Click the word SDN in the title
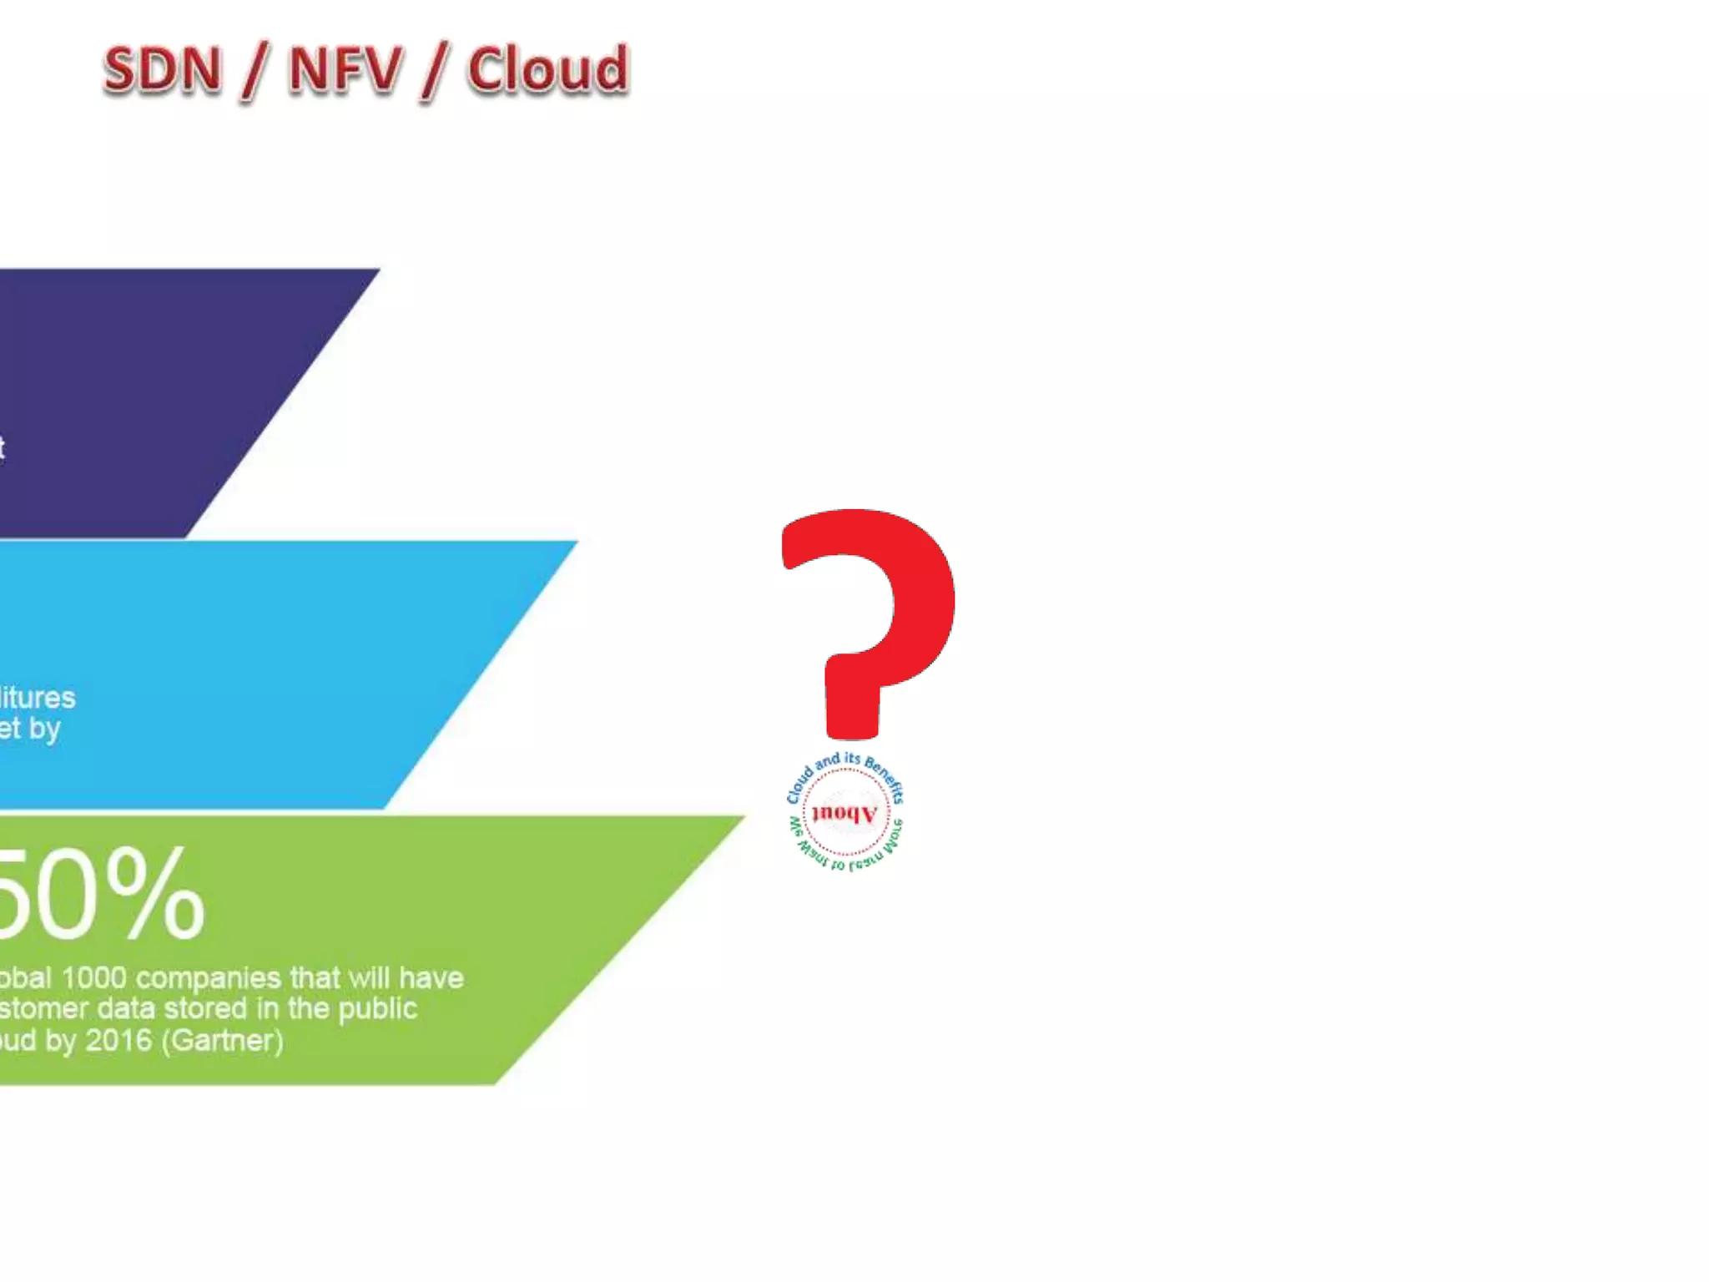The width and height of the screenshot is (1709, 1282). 163,70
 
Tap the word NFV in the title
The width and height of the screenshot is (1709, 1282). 345,70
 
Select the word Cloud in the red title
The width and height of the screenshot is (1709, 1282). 547,70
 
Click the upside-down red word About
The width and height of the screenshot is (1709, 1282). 844,813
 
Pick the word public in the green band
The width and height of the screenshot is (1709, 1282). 377,1009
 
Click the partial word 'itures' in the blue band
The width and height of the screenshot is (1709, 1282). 38,698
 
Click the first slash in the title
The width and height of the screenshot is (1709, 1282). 253,72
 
